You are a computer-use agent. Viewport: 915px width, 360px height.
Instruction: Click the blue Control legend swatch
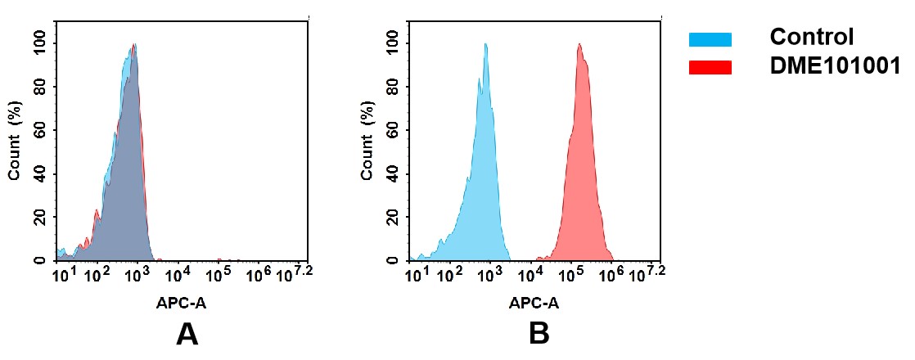tap(710, 39)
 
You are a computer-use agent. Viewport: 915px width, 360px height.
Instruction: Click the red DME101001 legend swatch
tap(710, 67)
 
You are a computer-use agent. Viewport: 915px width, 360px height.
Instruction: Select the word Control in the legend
tap(811, 38)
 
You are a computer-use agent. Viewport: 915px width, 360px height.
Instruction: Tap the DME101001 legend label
tap(835, 67)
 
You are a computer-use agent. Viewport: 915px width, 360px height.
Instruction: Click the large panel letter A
tap(187, 335)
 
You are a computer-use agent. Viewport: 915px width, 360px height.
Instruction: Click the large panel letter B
tap(539, 335)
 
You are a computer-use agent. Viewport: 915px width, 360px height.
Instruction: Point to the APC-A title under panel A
tap(182, 303)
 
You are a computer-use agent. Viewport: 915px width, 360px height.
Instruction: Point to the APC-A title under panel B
tap(534, 303)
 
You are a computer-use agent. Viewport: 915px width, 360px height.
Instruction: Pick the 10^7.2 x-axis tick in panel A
tap(295, 272)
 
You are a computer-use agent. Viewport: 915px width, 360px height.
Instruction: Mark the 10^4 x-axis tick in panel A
tap(178, 272)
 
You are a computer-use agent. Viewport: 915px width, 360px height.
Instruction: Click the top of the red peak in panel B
tap(579, 45)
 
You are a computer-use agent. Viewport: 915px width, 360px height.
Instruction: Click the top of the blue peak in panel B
tap(485, 45)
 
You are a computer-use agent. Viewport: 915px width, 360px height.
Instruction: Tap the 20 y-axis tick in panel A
tap(41, 217)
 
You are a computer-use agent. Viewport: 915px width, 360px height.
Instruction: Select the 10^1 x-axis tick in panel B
tap(417, 272)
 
